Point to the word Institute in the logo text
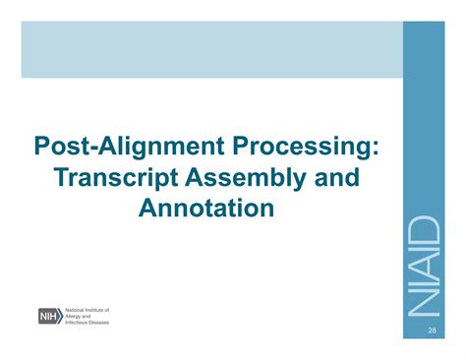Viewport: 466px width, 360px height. [112, 310]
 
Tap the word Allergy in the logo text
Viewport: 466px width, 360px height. [80, 316]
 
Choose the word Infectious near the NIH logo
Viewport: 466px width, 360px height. [83, 322]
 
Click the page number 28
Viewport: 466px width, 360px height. [432, 332]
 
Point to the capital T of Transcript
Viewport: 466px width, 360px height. [64, 179]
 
